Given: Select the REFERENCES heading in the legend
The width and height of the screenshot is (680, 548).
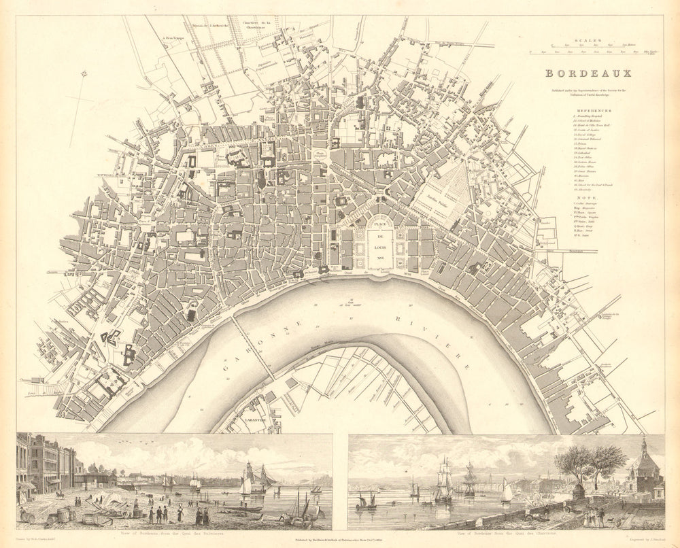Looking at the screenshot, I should tap(593, 110).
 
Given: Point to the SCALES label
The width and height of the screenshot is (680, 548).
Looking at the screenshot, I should tap(585, 40).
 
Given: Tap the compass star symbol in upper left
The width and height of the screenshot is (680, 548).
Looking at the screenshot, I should tap(80, 74).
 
